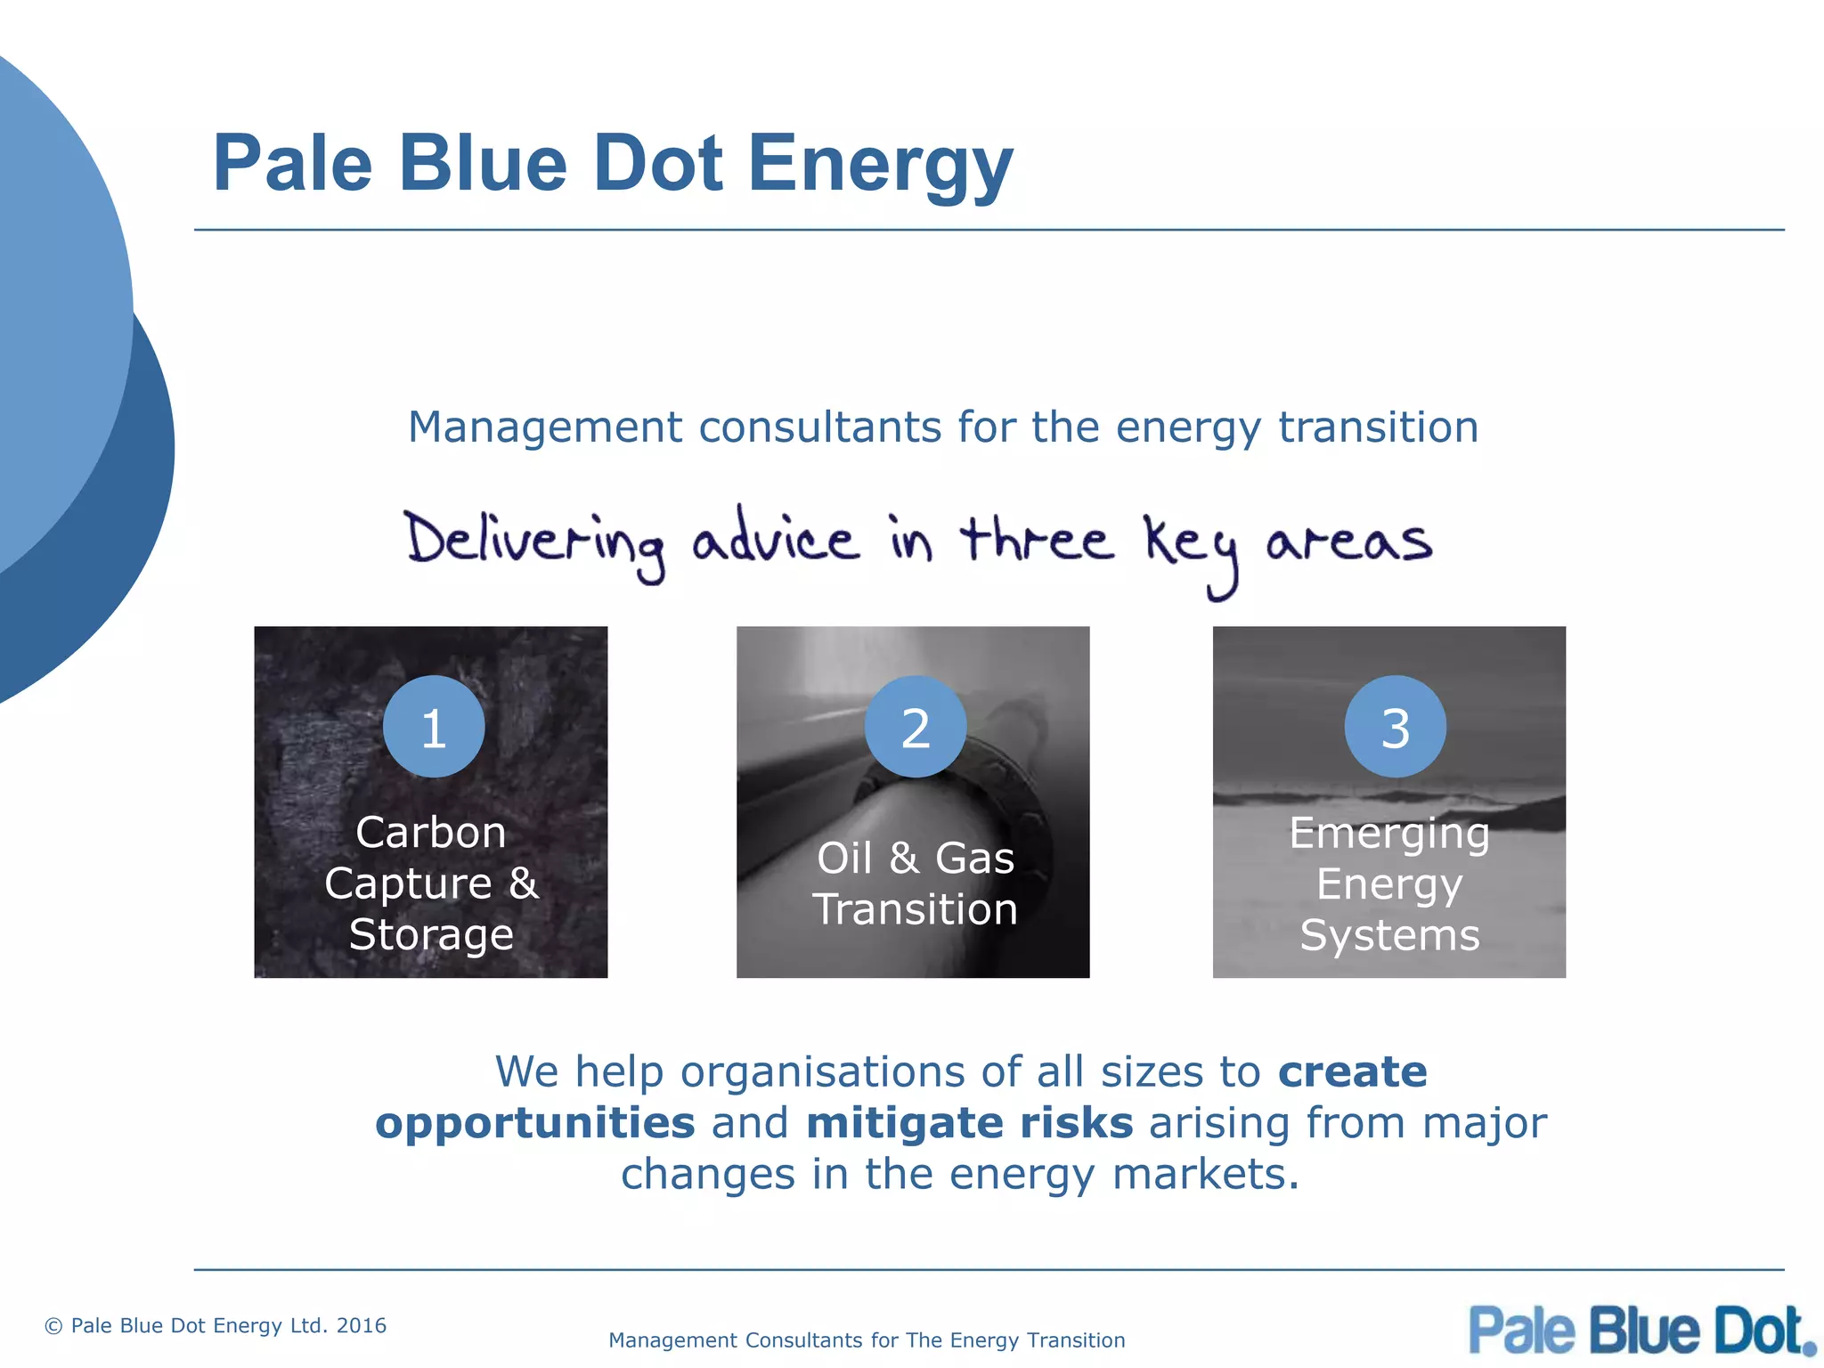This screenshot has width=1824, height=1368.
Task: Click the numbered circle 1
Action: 434,727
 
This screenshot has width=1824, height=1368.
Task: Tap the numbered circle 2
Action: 916,727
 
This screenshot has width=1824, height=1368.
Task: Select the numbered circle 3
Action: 1395,727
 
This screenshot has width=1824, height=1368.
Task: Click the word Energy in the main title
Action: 880,166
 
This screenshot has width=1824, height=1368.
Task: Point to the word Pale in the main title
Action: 292,164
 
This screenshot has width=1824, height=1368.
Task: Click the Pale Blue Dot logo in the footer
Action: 1641,1331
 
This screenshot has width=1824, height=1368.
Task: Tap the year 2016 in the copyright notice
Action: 362,1325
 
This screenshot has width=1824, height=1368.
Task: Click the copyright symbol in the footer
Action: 53,1326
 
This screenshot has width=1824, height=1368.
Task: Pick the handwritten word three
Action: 1036,540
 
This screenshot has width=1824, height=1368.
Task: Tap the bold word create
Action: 1352,1071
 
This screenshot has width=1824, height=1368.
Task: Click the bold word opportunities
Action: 534,1123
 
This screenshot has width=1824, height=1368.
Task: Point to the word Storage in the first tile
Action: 431,934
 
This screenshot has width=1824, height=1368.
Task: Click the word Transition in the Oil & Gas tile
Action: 915,909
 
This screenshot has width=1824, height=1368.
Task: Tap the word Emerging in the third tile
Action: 1388,835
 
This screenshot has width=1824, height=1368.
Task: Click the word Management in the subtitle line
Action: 545,427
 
